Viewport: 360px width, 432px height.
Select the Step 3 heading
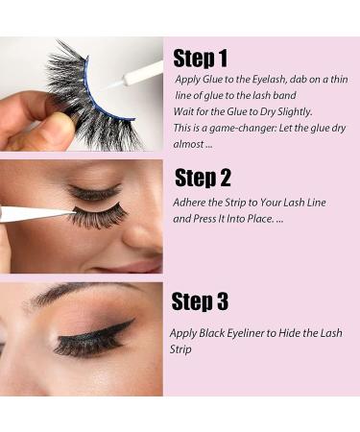[200, 302]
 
